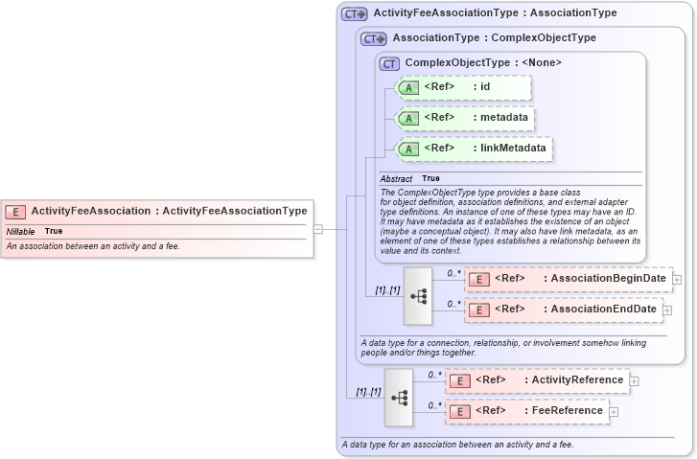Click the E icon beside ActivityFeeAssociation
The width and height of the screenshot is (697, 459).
pos(15,211)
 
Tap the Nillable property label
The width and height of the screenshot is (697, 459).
pos(20,231)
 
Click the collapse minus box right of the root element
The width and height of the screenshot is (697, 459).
pos(317,229)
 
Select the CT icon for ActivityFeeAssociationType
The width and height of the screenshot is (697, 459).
pos(355,13)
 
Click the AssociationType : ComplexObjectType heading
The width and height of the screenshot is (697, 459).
pos(494,38)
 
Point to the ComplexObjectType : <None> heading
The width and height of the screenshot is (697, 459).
pos(483,63)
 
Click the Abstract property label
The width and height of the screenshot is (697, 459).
pos(396,179)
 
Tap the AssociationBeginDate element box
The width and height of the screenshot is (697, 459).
pos(567,279)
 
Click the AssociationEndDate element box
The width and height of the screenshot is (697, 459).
pos(563,310)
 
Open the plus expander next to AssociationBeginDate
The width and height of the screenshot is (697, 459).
pos(677,279)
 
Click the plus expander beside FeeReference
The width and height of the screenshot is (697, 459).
pos(615,412)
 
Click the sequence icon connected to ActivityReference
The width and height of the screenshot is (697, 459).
pos(399,397)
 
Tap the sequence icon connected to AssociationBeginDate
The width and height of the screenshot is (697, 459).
pos(418,295)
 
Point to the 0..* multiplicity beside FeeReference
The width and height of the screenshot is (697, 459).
pos(434,405)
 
